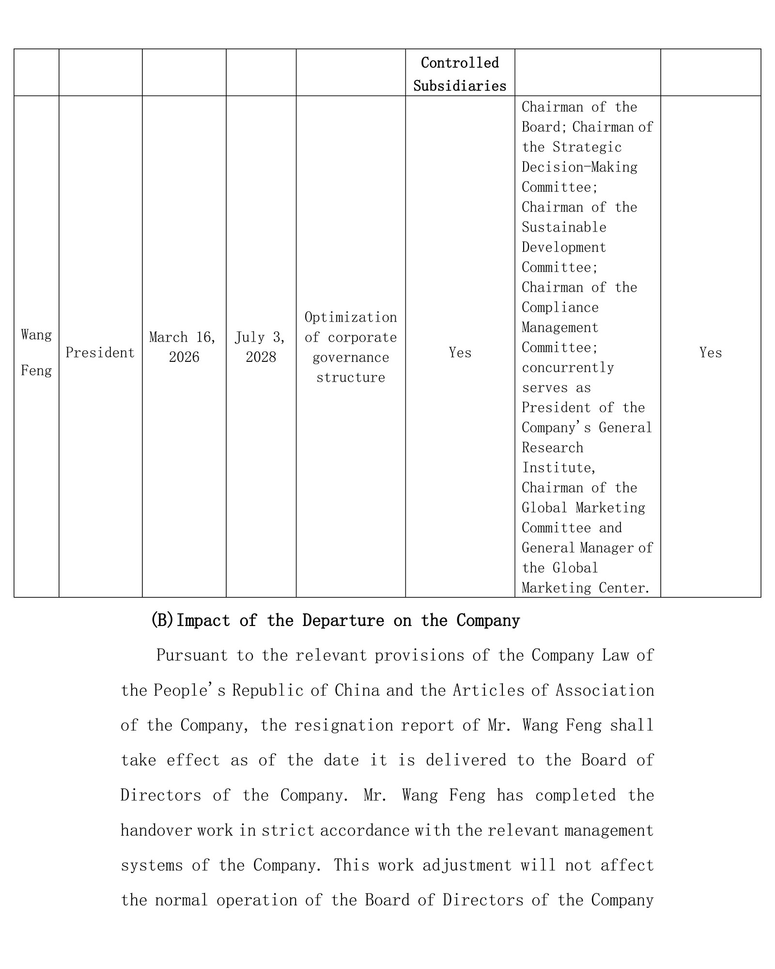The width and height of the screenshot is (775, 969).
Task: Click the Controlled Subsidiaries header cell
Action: point(459,74)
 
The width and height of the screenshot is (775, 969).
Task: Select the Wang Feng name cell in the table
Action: point(36,352)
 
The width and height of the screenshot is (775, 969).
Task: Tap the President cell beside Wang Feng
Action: point(100,353)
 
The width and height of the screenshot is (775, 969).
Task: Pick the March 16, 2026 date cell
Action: point(183,347)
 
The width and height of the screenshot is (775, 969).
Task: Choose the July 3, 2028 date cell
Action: point(261,347)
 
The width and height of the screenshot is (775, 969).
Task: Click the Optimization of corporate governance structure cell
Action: point(350,347)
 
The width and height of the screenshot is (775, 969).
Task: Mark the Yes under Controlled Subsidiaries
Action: point(460,353)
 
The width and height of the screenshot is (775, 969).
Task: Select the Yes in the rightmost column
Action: point(710,353)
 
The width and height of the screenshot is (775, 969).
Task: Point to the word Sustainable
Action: point(564,227)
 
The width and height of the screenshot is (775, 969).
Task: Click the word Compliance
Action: point(560,307)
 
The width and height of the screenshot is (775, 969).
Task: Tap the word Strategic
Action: point(587,147)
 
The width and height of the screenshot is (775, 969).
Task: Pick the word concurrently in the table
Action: point(568,367)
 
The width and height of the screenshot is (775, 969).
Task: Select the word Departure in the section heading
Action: point(343,621)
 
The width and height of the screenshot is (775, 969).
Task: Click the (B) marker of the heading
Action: point(162,621)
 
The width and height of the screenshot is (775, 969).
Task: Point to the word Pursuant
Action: point(192,656)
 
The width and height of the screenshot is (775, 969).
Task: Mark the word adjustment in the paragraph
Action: point(467,865)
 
